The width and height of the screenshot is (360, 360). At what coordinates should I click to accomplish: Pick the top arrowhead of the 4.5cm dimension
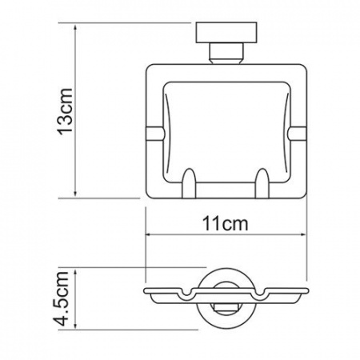(x=76, y=268)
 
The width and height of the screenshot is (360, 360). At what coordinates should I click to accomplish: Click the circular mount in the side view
(x=225, y=297)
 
